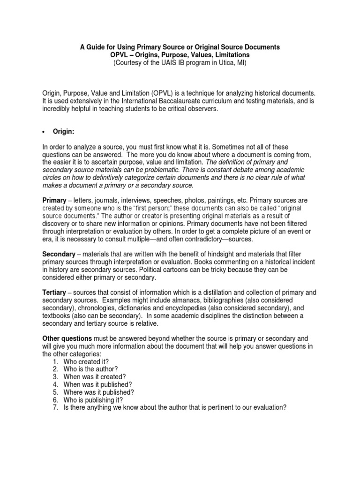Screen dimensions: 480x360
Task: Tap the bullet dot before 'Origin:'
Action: [45, 132]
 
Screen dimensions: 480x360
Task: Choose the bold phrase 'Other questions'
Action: [67, 337]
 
